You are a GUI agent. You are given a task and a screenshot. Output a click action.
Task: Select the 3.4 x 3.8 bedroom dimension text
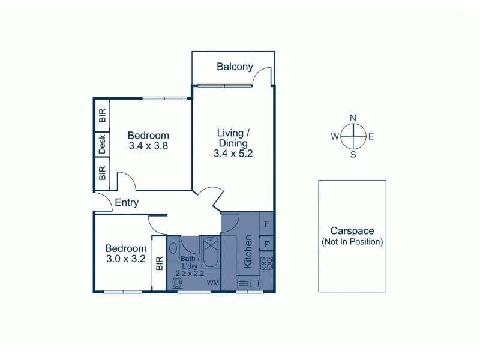148,145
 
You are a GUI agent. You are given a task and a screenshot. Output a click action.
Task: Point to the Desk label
102,144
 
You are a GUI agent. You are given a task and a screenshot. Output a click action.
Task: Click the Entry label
127,203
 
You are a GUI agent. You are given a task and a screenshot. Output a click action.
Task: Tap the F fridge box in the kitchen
266,224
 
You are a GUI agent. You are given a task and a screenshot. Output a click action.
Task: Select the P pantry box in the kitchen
266,244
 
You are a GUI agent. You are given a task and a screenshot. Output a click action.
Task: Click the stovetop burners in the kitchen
266,263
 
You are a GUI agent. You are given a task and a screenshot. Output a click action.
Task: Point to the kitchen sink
248,283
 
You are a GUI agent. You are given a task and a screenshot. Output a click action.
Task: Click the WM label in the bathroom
212,282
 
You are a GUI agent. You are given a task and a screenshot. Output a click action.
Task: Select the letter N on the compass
353,118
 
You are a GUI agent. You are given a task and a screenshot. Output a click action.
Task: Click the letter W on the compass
334,137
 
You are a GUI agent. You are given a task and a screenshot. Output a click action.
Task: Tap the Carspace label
352,231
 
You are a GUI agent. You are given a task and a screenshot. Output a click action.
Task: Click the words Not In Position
352,242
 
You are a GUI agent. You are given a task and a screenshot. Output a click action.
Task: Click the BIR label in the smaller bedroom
159,264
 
